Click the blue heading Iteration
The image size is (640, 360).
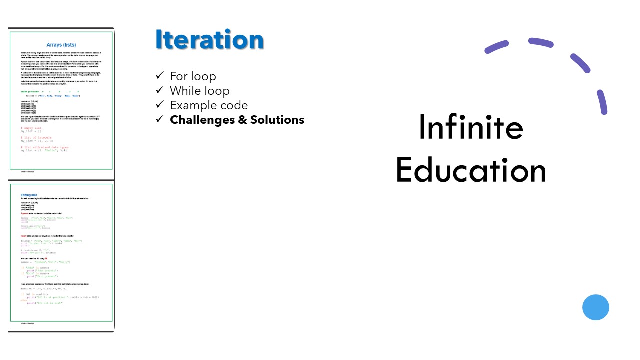pyautogui.click(x=209, y=40)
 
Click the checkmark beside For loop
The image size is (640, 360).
pyautogui.click(x=160, y=76)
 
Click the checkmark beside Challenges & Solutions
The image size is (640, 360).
pyautogui.click(x=160, y=119)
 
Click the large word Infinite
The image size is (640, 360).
pyautogui.click(x=470, y=127)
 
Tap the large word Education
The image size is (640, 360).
pyautogui.click(x=470, y=170)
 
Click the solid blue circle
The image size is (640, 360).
pyautogui.click(x=596, y=307)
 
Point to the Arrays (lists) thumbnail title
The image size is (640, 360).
pyautogui.click(x=61, y=45)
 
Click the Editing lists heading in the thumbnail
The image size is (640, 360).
pyautogui.click(x=29, y=195)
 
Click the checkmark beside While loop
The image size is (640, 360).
pyautogui.click(x=160, y=90)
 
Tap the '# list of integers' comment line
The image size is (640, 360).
pyautogui.click(x=37, y=137)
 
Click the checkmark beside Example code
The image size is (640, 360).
pyautogui.click(x=160, y=105)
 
